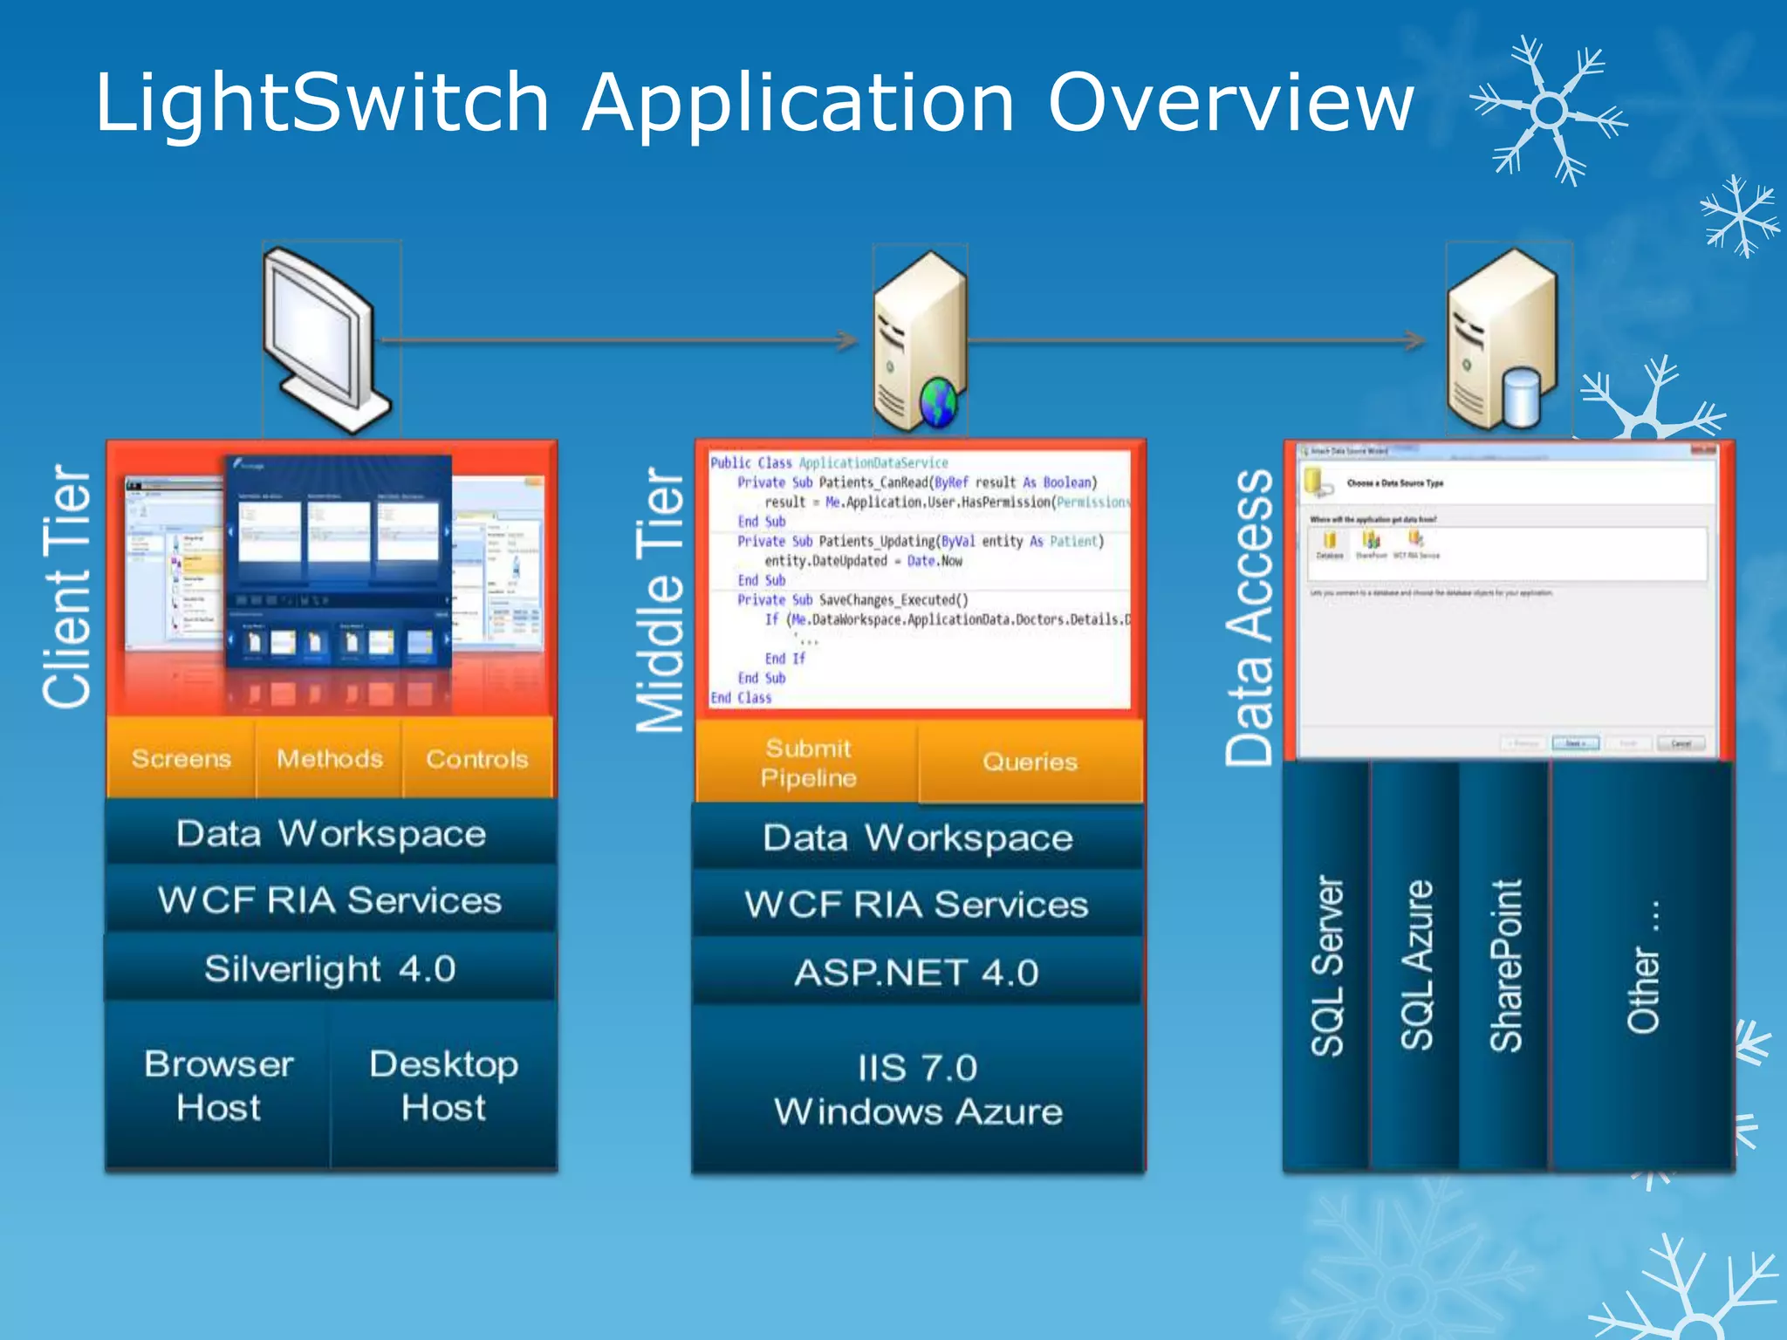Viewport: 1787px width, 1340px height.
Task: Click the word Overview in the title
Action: tap(1230, 103)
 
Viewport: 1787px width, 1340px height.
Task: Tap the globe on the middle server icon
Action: tap(939, 403)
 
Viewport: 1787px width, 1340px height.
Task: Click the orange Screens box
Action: tap(181, 758)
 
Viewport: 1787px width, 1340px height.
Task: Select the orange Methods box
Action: tap(329, 758)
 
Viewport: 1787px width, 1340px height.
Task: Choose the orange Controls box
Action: tap(477, 758)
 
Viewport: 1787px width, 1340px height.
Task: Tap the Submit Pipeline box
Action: tap(807, 762)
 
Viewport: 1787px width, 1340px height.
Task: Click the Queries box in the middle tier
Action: tap(1030, 762)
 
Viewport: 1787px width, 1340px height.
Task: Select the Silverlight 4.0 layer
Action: tap(330, 968)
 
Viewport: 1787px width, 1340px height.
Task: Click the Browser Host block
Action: tap(218, 1085)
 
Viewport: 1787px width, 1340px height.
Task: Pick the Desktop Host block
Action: tap(443, 1085)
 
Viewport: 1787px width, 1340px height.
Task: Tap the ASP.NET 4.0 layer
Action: tap(916, 972)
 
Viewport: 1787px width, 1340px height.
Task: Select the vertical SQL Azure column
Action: tap(1415, 964)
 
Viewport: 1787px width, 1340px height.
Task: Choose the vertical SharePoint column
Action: tap(1504, 964)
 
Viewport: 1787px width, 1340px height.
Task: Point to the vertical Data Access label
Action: tap(1250, 618)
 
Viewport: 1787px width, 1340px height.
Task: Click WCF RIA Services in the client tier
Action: tap(330, 900)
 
